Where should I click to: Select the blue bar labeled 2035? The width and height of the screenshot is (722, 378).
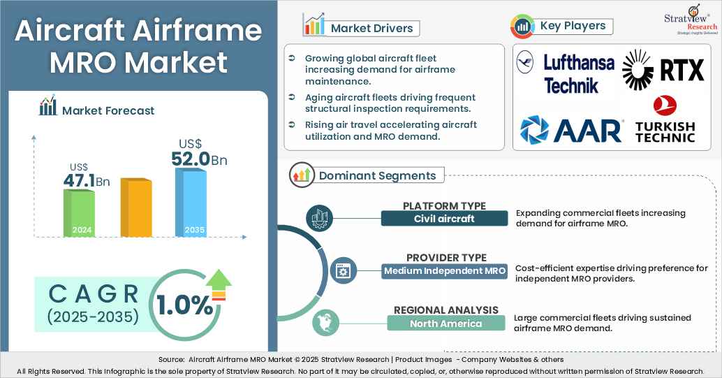click(x=190, y=203)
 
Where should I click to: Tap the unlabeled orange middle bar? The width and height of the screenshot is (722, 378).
click(x=135, y=208)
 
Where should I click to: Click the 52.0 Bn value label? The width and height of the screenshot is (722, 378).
click(x=198, y=159)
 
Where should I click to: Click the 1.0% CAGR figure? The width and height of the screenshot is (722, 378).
click(x=184, y=305)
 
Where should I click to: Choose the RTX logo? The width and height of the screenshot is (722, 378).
click(x=663, y=70)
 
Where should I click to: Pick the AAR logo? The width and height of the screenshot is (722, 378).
click(x=571, y=130)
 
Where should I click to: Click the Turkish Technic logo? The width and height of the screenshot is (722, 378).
click(x=665, y=119)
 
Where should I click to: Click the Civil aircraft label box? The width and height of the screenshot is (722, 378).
click(x=444, y=219)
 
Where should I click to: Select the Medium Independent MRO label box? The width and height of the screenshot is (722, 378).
click(x=445, y=270)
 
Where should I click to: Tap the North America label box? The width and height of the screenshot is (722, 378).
click(x=445, y=324)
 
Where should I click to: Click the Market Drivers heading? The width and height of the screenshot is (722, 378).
click(x=371, y=29)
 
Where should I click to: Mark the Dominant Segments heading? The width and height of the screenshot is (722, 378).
click(x=377, y=175)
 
